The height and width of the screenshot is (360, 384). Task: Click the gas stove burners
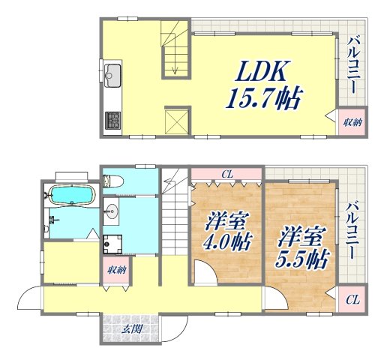pyautogui.click(x=112, y=119)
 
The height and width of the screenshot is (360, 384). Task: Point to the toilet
pyautogui.click(x=113, y=180)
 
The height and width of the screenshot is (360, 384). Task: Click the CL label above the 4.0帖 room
pyautogui.click(x=226, y=175)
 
